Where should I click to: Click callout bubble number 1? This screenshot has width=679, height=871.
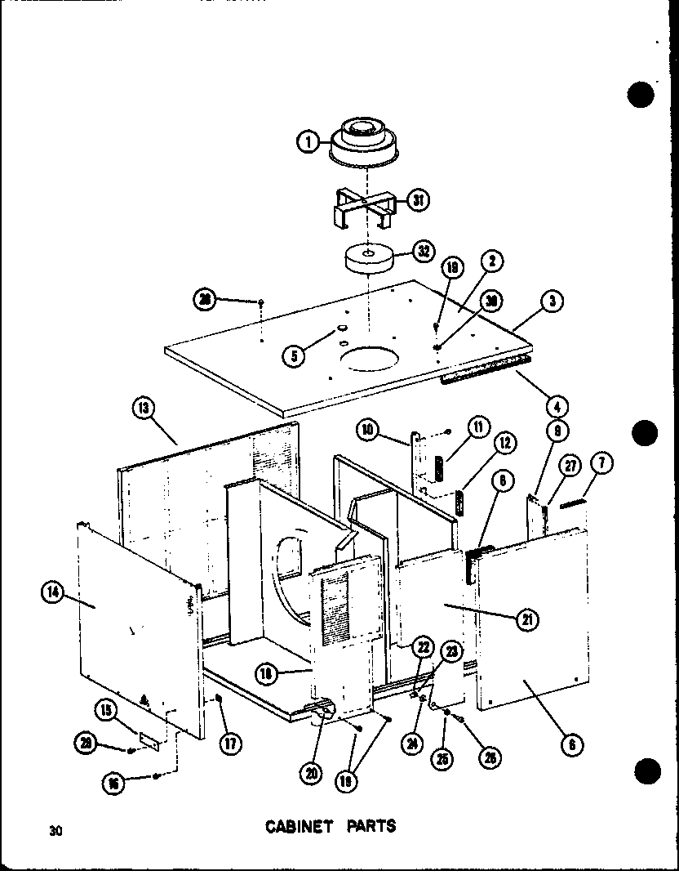pyautogui.click(x=307, y=142)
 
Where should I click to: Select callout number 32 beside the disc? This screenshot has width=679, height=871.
pyautogui.click(x=424, y=252)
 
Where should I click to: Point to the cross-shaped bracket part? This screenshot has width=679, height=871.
pyautogui.click(x=364, y=208)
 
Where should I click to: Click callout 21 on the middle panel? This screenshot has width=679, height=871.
pyautogui.click(x=527, y=619)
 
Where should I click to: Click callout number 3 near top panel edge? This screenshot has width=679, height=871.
pyautogui.click(x=553, y=301)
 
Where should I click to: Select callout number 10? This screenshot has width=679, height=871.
pyautogui.click(x=368, y=428)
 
